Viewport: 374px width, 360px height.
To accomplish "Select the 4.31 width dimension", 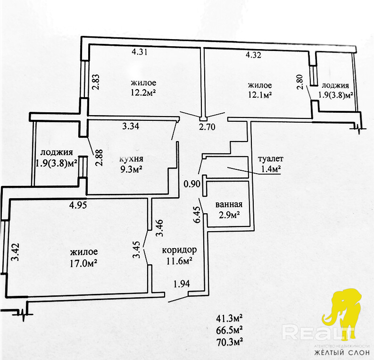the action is coord(140,53).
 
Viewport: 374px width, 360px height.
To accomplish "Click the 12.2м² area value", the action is coord(144,93).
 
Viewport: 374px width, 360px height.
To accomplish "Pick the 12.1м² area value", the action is coord(260,95).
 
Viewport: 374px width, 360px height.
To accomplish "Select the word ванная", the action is coord(229,204).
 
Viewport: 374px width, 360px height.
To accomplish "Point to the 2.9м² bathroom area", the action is coord(228,215).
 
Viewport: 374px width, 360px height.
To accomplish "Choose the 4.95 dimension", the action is coord(78,205).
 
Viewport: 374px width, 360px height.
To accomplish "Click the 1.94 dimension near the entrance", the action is coord(182,284).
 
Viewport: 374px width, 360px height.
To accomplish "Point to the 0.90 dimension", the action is coord(192,184).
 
